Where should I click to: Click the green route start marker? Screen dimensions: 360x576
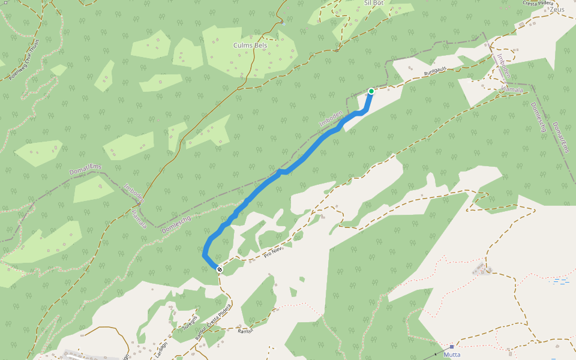[x=371, y=91]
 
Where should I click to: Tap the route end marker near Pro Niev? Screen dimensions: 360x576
[x=220, y=269]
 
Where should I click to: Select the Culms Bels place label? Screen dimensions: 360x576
[x=250, y=45]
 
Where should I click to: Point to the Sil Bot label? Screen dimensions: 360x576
[x=373, y=3]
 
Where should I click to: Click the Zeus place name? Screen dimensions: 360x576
[x=557, y=10]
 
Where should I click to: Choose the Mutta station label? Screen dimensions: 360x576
[x=452, y=355]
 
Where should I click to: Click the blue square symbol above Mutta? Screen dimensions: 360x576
[x=452, y=347]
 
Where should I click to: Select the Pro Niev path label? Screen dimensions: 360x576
[x=272, y=254]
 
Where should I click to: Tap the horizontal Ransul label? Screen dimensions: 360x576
[x=246, y=331]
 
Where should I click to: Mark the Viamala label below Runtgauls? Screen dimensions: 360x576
[x=512, y=90]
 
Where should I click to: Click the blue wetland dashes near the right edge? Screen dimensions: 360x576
[x=562, y=281]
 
